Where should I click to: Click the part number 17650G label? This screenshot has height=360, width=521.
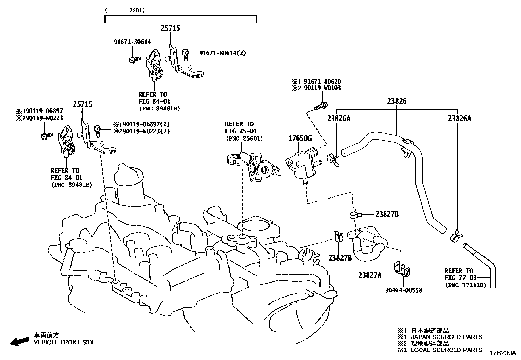[x=300, y=138]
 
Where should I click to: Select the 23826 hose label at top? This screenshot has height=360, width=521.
[x=397, y=101]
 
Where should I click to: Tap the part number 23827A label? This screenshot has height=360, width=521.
[x=369, y=275]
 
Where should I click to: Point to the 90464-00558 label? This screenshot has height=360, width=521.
[x=404, y=290]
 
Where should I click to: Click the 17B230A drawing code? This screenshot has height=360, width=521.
[x=502, y=353]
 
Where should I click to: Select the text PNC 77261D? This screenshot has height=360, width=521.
[x=465, y=285]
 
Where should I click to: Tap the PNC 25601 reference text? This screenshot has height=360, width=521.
[x=244, y=139]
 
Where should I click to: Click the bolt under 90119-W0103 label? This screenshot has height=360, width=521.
[x=321, y=106]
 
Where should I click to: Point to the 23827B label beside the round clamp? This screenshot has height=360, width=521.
[x=387, y=214]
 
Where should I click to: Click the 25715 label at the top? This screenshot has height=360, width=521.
[x=170, y=28]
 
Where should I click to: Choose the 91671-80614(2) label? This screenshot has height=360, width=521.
[x=223, y=53]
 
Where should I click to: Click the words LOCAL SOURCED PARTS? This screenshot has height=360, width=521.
[x=446, y=350]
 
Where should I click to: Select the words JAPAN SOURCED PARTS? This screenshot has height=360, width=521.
[x=446, y=337]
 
